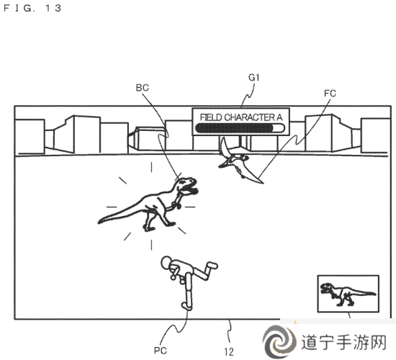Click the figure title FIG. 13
click(x=32, y=8)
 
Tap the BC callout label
click(x=142, y=88)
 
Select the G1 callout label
click(x=254, y=78)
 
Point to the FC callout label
click(x=330, y=94)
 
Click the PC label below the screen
click(x=161, y=351)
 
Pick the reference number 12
click(x=229, y=351)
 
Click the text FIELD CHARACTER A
click(x=241, y=117)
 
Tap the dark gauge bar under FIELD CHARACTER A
click(x=240, y=128)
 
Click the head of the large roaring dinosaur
click(x=187, y=186)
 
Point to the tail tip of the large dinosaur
click(x=99, y=222)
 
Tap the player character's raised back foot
click(x=212, y=266)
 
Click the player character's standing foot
click(x=187, y=306)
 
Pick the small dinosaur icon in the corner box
click(x=348, y=294)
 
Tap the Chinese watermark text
click(x=343, y=342)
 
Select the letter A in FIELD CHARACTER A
click(x=279, y=117)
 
